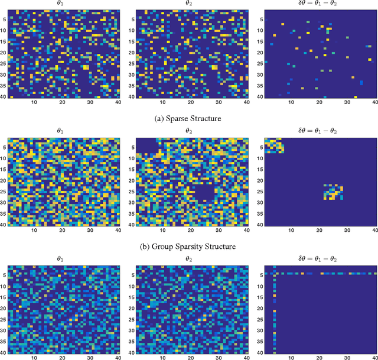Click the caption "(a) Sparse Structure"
click(188, 118)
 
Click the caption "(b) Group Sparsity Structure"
click(188, 246)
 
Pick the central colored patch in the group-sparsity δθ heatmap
click(334, 192)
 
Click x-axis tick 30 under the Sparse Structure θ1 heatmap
click(91, 102)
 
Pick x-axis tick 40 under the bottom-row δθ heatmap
click(375, 358)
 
